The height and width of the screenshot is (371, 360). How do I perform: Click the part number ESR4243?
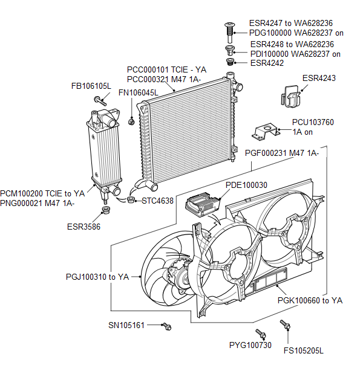pyautogui.click(x=319, y=79)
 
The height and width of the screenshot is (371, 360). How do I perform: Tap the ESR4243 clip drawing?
pyautogui.click(x=290, y=96)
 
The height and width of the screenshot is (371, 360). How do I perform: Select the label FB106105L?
pyautogui.click(x=91, y=86)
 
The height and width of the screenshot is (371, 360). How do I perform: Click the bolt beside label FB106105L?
pyautogui.click(x=100, y=101)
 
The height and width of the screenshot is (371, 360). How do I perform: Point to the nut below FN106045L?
pyautogui.click(x=131, y=121)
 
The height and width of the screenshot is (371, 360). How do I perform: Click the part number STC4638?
pyautogui.click(x=157, y=201)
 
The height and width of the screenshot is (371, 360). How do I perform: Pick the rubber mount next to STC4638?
pyautogui.click(x=130, y=199)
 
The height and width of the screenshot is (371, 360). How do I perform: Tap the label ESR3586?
pyautogui.click(x=83, y=227)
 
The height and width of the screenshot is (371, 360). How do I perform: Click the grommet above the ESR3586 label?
pyautogui.click(x=106, y=210)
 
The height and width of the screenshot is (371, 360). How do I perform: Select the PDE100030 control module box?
pyautogui.click(x=203, y=204)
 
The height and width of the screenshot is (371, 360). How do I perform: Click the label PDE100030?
pyautogui.click(x=246, y=185)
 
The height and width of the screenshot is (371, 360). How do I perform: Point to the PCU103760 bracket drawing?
pyautogui.click(x=266, y=131)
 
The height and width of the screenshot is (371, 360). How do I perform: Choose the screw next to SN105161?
pyautogui.click(x=166, y=326)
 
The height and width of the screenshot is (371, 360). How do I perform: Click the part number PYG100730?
pyautogui.click(x=250, y=345)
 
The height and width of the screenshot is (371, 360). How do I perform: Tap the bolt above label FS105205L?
pyautogui.click(x=285, y=324)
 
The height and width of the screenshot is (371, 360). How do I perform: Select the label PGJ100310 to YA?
pyautogui.click(x=97, y=277)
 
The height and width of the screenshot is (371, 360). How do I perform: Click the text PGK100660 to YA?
pyautogui.click(x=310, y=300)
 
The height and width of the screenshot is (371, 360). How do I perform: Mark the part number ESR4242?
pyautogui.click(x=267, y=63)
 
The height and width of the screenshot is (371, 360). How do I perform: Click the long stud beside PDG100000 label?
pyautogui.click(x=229, y=33)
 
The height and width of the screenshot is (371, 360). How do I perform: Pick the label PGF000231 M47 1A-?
pyautogui.click(x=282, y=153)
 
